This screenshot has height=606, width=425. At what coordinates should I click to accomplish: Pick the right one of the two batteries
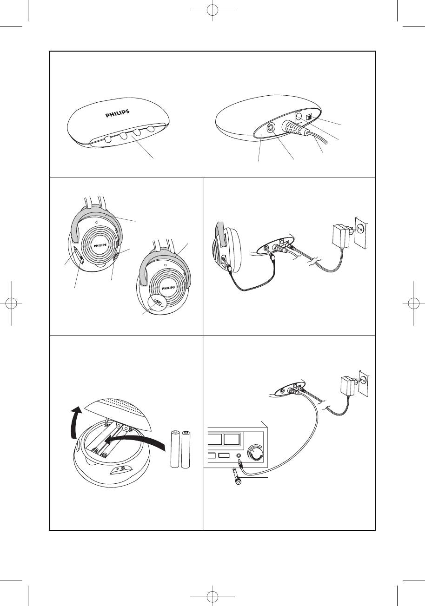coord(188,449)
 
